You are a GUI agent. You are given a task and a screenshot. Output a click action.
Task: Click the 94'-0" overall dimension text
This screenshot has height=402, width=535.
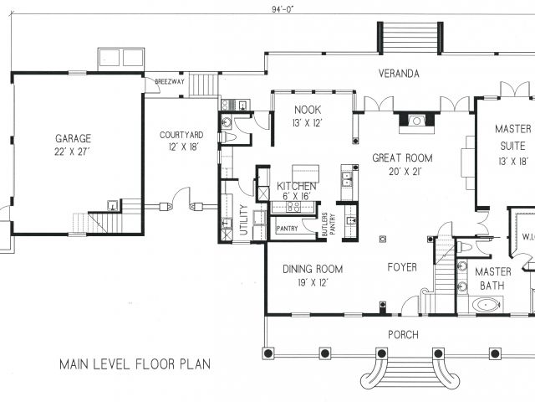tap(283, 9)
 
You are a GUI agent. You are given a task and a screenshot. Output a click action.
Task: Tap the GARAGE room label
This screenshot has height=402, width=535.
tap(73, 138)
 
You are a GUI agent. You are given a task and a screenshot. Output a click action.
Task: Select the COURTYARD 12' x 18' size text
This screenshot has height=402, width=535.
tap(183, 147)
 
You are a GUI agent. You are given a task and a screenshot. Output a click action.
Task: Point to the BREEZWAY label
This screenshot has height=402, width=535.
tap(170, 82)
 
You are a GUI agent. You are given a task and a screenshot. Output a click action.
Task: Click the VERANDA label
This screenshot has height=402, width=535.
tap(399, 74)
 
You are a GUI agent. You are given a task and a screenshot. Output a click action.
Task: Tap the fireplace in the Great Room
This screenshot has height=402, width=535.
tap(416, 122)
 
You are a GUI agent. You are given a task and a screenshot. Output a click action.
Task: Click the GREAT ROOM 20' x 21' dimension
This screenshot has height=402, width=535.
tap(405, 172)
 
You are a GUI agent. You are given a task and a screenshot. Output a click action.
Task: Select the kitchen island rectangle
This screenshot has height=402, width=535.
tap(306, 173)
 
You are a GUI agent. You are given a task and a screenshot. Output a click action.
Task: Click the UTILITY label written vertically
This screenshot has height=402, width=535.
tap(243, 219)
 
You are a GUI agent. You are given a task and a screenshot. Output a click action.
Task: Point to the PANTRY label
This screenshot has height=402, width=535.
tap(287, 229)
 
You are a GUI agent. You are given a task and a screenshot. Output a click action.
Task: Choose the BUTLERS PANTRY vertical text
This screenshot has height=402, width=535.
tap(329, 224)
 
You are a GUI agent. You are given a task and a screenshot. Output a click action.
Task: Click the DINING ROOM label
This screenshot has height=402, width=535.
tap(313, 269)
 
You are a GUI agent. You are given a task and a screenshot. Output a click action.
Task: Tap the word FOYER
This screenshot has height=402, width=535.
tap(402, 267)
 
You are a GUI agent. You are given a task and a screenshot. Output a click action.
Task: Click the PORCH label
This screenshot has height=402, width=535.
tap(403, 335)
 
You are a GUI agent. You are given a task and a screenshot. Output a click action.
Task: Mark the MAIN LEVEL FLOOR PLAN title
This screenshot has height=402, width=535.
tap(135, 364)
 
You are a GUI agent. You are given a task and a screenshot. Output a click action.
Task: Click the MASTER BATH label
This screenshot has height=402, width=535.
tap(492, 279)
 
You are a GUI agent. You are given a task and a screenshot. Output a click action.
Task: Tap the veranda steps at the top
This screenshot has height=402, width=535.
tap(410, 38)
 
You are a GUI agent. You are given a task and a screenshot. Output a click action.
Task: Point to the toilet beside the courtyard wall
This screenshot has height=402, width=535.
tap(227, 137)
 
